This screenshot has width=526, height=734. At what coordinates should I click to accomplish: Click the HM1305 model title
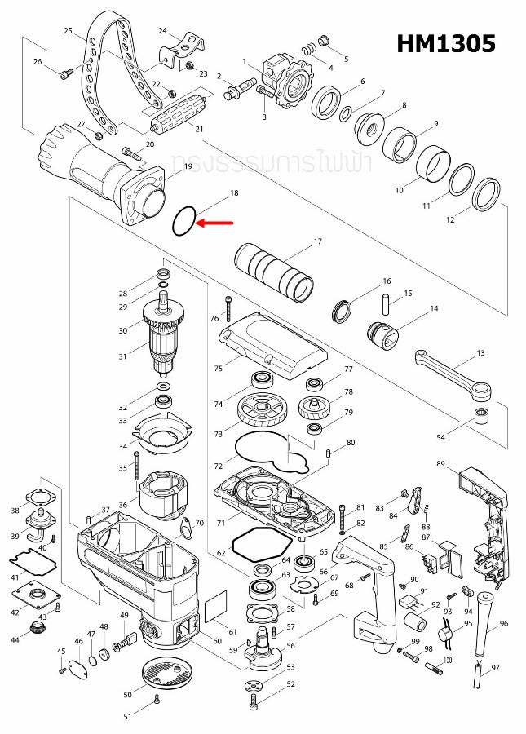click(445, 43)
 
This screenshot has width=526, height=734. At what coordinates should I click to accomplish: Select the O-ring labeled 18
click(183, 221)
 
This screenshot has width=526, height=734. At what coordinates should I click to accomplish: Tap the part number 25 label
click(69, 31)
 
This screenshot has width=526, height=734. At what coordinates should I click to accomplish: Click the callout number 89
click(440, 465)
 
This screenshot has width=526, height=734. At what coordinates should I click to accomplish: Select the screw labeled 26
click(65, 73)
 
